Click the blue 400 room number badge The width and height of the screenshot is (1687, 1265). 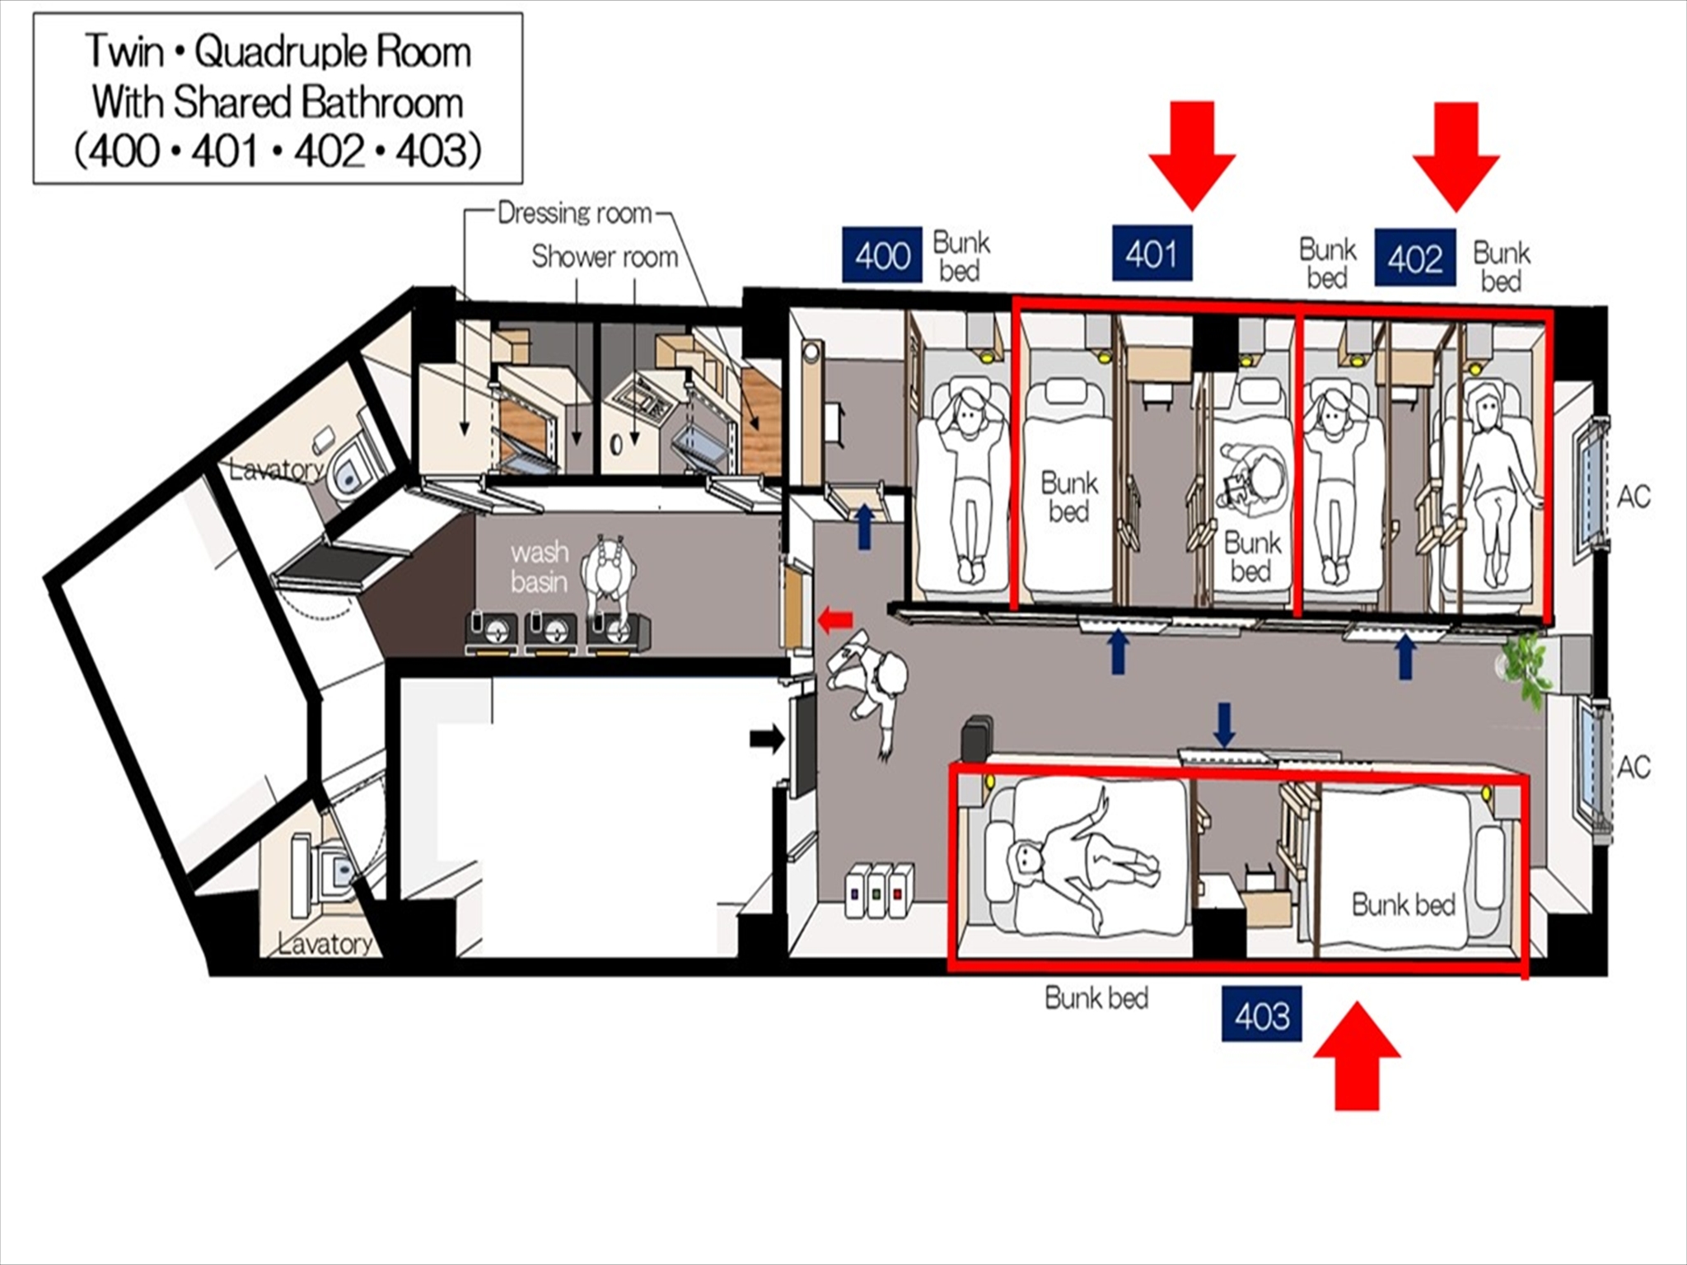(x=881, y=255)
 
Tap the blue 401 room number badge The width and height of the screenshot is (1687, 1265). (x=1152, y=253)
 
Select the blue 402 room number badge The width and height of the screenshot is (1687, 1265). (x=1414, y=259)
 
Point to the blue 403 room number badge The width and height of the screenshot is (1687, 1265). (x=1261, y=1014)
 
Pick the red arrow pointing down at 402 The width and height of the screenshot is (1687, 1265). (x=1456, y=156)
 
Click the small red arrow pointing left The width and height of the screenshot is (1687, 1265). (x=835, y=620)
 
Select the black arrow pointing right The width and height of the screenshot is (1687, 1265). (x=767, y=739)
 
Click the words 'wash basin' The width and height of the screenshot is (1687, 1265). (x=539, y=567)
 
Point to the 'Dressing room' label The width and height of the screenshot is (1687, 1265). (x=574, y=213)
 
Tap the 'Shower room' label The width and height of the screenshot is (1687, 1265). (x=605, y=256)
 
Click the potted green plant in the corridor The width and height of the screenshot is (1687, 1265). (x=1524, y=667)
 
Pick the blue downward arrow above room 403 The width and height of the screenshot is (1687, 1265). (x=1224, y=724)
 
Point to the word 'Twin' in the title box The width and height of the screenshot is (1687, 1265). (x=124, y=51)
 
